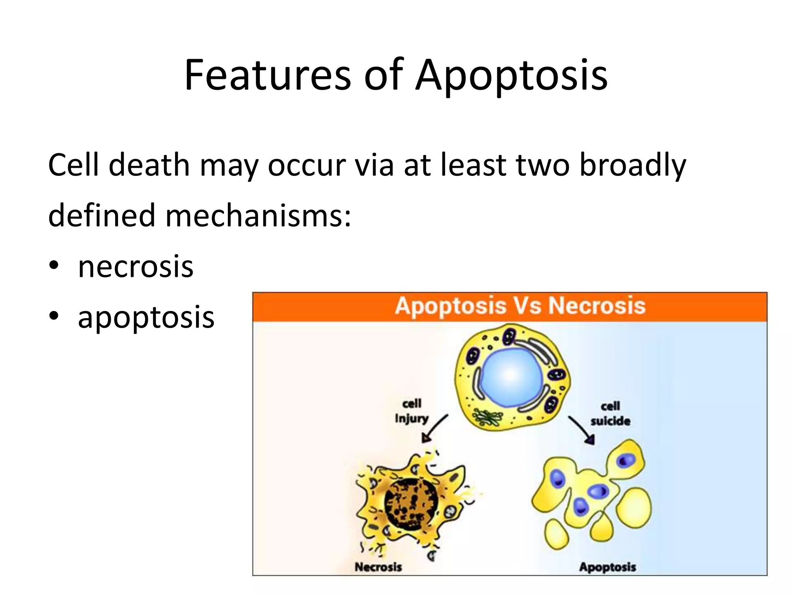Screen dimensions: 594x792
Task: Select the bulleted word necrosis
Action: pyautogui.click(x=135, y=267)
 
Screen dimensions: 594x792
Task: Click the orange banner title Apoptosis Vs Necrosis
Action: pyautogui.click(x=520, y=306)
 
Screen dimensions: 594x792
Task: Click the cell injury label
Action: pyautogui.click(x=411, y=411)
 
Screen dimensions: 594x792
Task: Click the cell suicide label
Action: pyautogui.click(x=610, y=413)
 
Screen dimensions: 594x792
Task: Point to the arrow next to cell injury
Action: pyautogui.click(x=435, y=428)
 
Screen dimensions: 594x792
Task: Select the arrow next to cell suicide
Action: pyautogui.click(x=581, y=429)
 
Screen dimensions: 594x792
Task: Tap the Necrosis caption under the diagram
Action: pyautogui.click(x=378, y=567)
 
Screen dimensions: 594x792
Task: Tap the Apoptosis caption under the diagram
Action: pyautogui.click(x=608, y=567)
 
